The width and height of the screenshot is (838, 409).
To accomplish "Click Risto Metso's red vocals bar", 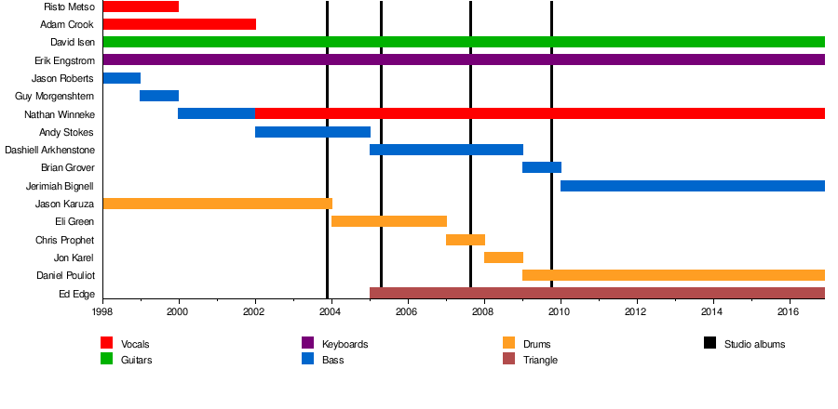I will point(141,7).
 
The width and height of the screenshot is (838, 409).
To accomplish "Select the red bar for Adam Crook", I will point(179,24).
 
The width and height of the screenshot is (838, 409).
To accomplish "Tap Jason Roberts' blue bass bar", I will point(121,78).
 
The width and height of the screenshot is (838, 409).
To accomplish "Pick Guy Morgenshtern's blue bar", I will point(159,96).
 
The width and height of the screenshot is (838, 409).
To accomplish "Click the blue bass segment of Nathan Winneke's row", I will point(216,113).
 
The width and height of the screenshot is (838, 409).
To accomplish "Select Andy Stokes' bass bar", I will point(312,132).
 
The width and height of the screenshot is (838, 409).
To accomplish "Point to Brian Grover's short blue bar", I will point(541,167).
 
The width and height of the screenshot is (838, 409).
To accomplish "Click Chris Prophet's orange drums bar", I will point(465,240).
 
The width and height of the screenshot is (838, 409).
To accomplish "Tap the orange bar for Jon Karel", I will point(503,257).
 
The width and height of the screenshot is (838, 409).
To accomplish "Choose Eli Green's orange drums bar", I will point(388,221).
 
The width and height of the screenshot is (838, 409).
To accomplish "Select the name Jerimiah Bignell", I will point(60,186).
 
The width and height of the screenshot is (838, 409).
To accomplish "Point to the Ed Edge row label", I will point(76,295).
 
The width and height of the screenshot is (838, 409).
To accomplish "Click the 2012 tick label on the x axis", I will point(637,312).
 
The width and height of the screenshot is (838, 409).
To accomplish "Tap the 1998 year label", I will point(102,312).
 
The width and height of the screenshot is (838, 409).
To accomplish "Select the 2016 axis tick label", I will point(790,312).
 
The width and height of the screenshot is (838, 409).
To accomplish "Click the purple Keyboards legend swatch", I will point(308,344).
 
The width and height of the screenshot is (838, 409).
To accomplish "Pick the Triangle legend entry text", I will point(541,360).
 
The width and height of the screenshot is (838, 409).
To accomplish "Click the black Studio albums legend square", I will point(710,344).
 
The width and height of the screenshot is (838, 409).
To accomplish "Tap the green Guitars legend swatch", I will point(106,359).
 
